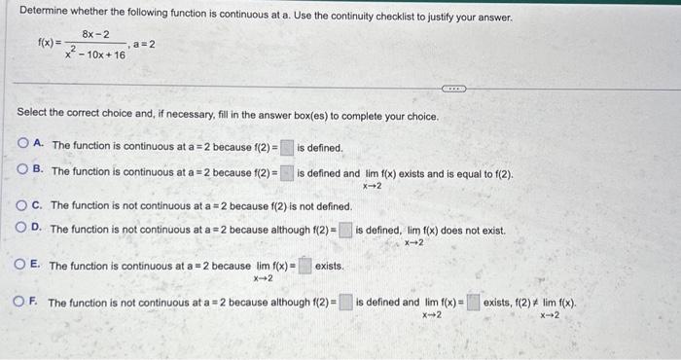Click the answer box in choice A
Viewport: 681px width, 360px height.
(x=287, y=147)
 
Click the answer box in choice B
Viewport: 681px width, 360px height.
(x=287, y=173)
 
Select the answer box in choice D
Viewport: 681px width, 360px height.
(x=345, y=231)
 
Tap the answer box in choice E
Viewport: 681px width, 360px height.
(x=305, y=266)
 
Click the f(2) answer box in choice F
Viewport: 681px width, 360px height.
(x=345, y=303)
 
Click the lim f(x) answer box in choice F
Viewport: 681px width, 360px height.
(x=473, y=303)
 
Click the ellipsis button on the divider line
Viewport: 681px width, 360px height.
(x=454, y=88)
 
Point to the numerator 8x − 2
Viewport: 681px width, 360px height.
(x=95, y=35)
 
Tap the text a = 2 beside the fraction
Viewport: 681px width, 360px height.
(x=144, y=44)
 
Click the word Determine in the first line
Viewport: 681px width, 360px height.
(x=45, y=17)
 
